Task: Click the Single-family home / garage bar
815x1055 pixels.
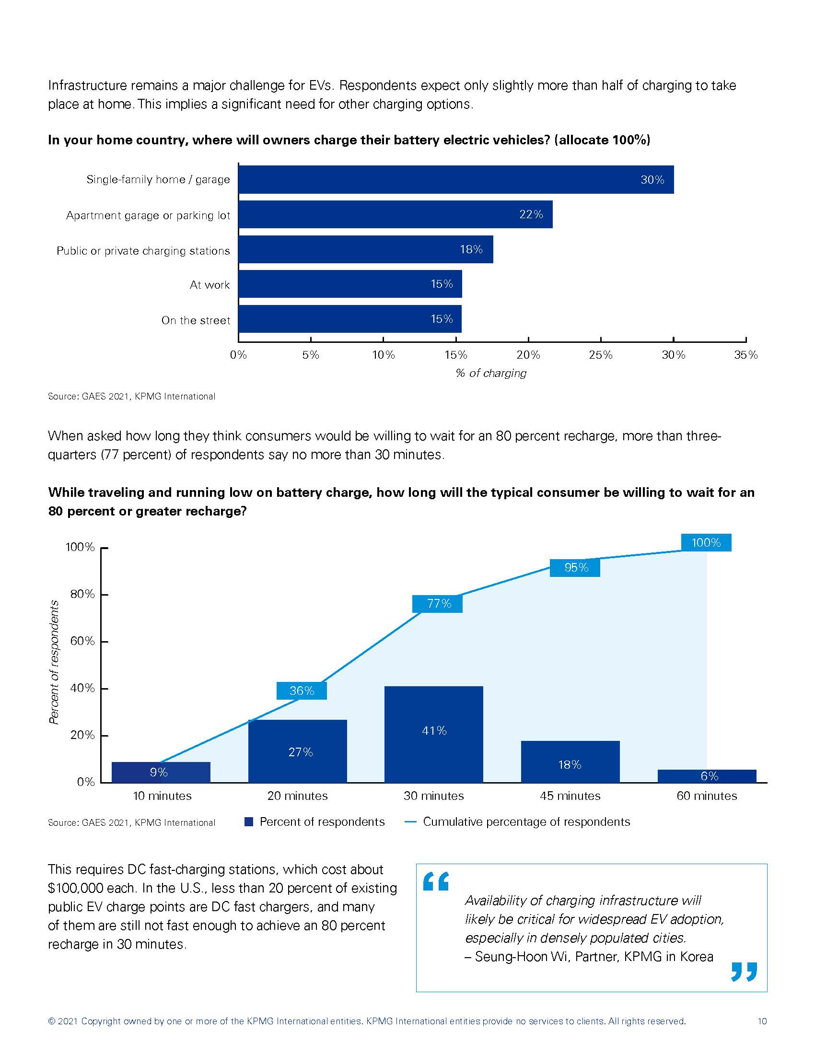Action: tap(456, 180)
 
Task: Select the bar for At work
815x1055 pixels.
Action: tap(350, 284)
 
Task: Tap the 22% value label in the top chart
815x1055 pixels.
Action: tap(531, 214)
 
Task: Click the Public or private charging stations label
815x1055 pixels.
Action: tap(143, 251)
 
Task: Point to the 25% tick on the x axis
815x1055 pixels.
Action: tap(601, 355)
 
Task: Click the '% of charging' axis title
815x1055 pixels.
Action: tap(491, 373)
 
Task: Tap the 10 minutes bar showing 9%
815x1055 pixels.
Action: tap(161, 772)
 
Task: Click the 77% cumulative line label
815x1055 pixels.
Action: tap(437, 604)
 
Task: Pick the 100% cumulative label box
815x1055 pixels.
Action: tap(706, 542)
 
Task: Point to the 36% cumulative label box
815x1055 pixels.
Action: tap(302, 691)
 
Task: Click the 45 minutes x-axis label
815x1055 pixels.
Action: tap(570, 796)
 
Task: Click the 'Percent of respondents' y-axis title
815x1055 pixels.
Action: tap(54, 662)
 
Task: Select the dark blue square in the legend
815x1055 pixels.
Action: tap(249, 821)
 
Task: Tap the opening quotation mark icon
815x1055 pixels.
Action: tap(435, 881)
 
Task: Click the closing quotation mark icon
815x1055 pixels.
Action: tap(744, 972)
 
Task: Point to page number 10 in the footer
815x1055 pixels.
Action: tap(762, 1021)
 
